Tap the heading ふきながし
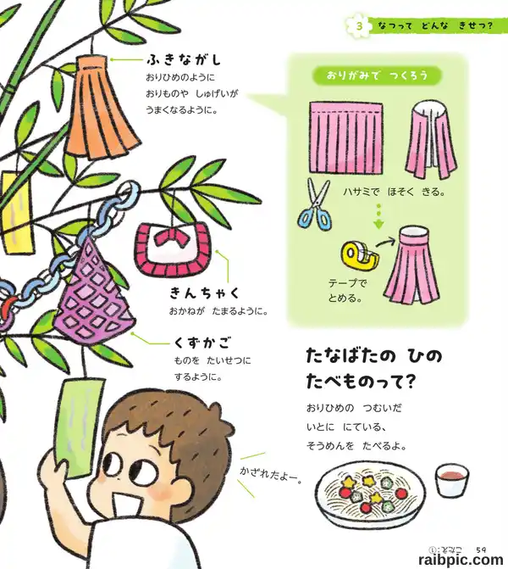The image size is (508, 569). [x=184, y=60]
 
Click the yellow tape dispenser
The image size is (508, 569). [x=360, y=254]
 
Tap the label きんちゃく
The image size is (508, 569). [x=205, y=293]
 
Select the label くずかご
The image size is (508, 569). [x=202, y=343]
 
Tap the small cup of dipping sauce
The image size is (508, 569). [x=451, y=481]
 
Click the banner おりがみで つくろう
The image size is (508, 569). [x=377, y=75]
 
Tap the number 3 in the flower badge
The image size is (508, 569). [x=359, y=26]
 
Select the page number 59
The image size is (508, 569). [x=481, y=550]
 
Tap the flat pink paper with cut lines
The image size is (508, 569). [x=346, y=137]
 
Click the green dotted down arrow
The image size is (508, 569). [x=378, y=215]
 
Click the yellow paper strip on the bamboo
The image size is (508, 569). [x=18, y=213]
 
